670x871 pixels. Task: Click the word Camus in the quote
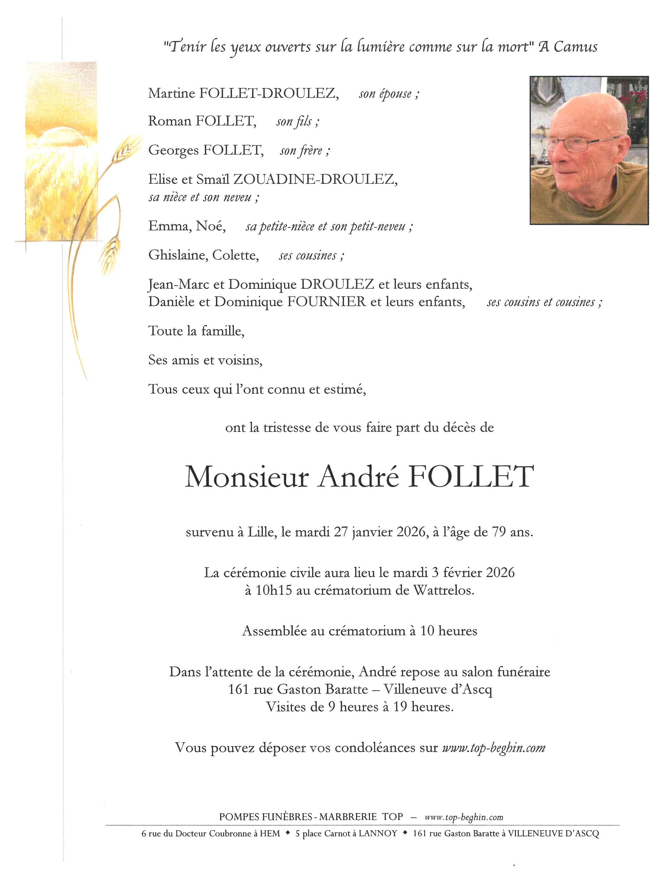coord(576,47)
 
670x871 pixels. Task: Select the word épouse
coord(395,94)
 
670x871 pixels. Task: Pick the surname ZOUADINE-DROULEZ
coord(315,179)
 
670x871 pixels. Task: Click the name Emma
coord(170,226)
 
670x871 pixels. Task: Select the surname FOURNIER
coord(326,302)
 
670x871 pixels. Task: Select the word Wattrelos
coord(443,590)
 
